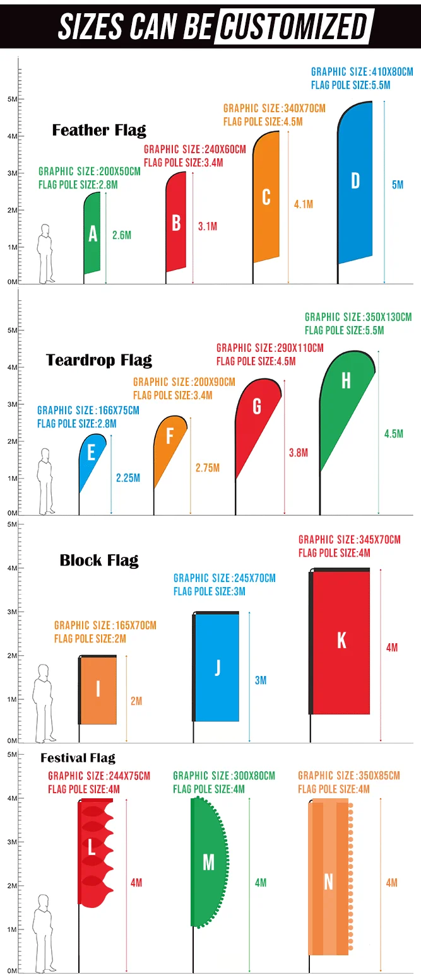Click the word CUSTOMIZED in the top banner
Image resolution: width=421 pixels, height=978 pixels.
click(294, 26)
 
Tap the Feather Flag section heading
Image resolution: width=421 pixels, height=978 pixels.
click(99, 131)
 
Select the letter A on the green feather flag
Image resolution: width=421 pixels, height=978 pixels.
click(93, 235)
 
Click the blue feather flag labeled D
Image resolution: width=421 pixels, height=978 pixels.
click(355, 183)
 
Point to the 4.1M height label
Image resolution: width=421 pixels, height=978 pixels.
click(304, 204)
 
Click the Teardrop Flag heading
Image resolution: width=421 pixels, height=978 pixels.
click(99, 361)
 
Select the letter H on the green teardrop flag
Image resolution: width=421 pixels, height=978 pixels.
click(345, 380)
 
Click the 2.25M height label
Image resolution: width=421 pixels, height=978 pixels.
click(128, 478)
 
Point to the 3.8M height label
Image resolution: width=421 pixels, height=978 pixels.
click(299, 453)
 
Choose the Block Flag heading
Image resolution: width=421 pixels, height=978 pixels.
click(99, 560)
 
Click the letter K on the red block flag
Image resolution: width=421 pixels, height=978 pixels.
click(341, 640)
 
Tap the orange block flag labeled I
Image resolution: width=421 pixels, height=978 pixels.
click(98, 690)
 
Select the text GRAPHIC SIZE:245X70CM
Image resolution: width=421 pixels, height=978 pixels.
click(225, 578)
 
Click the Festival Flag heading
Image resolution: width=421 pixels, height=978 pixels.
click(78, 758)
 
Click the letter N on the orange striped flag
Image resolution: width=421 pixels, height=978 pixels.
click(328, 882)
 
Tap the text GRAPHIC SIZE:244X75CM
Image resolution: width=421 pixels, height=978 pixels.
click(99, 776)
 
